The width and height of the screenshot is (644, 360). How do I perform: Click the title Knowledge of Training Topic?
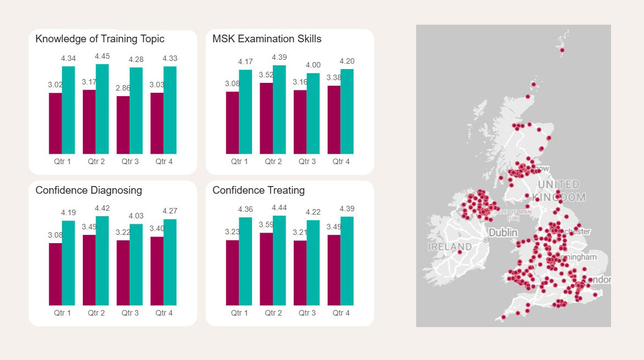[x=100, y=39]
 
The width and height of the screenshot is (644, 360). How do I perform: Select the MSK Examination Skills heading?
[x=267, y=39]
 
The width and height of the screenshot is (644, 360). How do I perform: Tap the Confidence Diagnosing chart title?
[x=88, y=190]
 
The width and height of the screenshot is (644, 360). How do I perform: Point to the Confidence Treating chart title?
[x=259, y=190]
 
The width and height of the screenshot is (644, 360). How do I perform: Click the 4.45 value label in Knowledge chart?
[x=102, y=56]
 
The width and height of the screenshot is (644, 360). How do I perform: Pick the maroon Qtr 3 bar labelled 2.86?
[x=123, y=125]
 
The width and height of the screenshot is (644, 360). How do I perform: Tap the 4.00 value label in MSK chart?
[x=313, y=65]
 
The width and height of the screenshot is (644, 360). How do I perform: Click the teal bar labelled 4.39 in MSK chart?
[x=279, y=109]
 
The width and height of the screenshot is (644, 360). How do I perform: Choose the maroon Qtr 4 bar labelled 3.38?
[x=334, y=120]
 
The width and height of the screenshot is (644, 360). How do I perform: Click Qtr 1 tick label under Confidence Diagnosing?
[x=62, y=313]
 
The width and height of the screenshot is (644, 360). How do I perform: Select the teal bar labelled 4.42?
[x=102, y=261]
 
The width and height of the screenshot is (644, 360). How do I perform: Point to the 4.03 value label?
[x=136, y=216]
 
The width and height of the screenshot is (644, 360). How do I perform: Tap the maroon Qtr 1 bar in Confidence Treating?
[x=232, y=273]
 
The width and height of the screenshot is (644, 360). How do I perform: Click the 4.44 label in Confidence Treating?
[x=279, y=207]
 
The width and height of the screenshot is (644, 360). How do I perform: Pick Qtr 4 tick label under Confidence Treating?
[x=341, y=313]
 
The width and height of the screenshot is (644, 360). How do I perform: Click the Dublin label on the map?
[x=503, y=233]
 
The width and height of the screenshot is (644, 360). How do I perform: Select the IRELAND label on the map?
[x=450, y=247]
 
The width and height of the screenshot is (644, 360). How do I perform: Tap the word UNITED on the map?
[x=558, y=185]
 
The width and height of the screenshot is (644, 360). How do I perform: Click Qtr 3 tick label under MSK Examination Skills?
[x=307, y=162]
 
